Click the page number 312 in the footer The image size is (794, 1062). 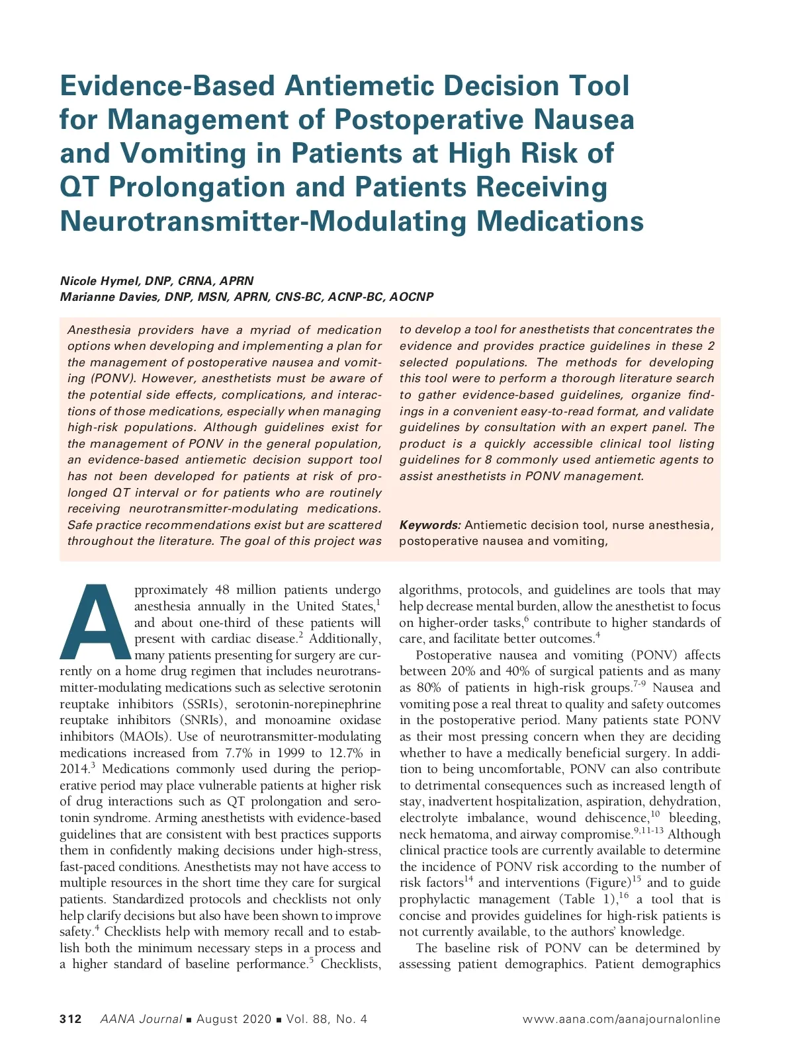click(x=71, y=1019)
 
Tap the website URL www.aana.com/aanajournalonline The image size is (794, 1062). click(x=621, y=1019)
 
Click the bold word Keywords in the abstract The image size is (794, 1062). click(x=429, y=525)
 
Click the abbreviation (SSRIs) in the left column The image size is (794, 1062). click(x=199, y=704)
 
